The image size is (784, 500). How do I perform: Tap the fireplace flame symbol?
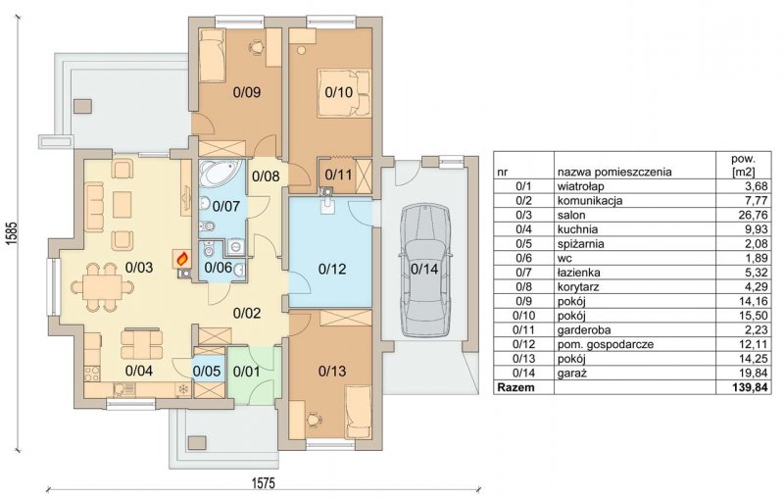(x=183, y=259)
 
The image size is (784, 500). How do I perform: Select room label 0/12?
(x=332, y=269)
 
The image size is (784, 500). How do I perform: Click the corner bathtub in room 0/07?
(x=220, y=173)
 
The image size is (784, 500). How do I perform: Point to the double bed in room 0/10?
(x=344, y=93)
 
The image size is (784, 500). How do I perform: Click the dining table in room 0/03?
(x=103, y=287)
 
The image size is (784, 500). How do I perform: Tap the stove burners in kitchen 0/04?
(x=92, y=374)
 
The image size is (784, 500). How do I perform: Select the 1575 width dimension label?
(x=263, y=483)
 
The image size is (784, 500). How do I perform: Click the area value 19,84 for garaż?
(x=755, y=374)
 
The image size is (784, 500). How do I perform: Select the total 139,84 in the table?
(x=751, y=387)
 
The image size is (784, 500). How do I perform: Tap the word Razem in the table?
(x=516, y=387)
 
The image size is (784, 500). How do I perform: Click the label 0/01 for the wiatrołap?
(x=247, y=372)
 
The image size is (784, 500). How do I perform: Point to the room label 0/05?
(x=207, y=372)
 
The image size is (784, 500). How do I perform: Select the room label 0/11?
(x=338, y=175)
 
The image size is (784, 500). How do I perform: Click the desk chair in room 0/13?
(x=314, y=419)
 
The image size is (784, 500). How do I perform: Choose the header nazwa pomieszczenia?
(x=614, y=173)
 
